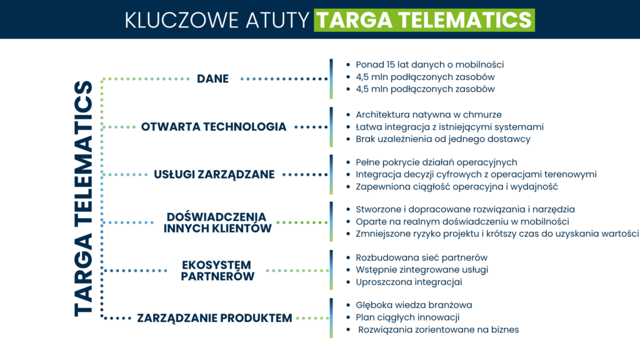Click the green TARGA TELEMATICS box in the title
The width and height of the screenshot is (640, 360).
point(424,19)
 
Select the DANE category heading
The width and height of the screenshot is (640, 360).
point(212,79)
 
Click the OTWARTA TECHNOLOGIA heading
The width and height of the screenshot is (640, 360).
point(214,127)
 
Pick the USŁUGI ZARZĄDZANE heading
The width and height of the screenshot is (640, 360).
point(214,174)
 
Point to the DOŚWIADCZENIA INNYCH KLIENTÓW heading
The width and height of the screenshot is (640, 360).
point(217,222)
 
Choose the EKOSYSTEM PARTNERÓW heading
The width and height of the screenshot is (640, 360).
point(217,270)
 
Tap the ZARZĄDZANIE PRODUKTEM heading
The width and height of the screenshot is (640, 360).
point(214,318)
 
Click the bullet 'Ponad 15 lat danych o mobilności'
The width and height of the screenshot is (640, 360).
point(429,64)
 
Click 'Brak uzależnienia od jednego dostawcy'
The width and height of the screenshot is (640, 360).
point(442,139)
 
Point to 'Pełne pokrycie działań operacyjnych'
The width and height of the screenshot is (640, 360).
point(436,162)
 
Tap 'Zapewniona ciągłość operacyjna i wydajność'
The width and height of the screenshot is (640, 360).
point(456,186)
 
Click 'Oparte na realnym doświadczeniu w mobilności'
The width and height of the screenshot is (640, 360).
point(462,221)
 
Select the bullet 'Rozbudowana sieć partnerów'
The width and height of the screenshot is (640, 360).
point(421,257)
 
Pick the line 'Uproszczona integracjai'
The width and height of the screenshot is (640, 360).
point(409,282)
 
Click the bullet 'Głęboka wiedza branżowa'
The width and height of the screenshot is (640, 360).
point(414,305)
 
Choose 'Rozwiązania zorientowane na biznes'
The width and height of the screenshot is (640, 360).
point(438,329)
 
